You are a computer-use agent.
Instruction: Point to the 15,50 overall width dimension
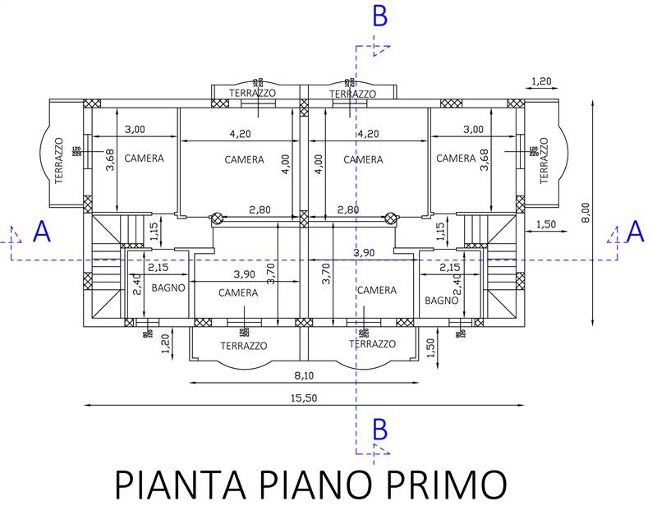coord(305,398)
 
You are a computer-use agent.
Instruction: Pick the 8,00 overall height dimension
coord(585,213)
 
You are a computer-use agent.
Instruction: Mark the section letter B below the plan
coord(379,428)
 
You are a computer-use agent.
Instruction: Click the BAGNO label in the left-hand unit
coord(168,288)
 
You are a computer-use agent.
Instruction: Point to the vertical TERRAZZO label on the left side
coord(59,160)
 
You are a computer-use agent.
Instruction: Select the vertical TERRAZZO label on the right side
coord(544,160)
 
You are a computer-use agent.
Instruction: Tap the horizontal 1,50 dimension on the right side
coord(546,224)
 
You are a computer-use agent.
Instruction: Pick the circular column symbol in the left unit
coord(218,218)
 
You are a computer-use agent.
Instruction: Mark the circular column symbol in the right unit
coord(392,218)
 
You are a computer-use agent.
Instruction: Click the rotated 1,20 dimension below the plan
coord(166,344)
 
